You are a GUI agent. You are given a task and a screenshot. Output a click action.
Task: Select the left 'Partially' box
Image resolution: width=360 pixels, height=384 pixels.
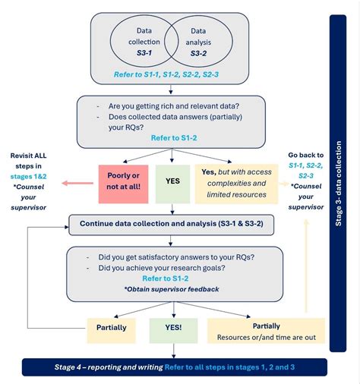(111, 329)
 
